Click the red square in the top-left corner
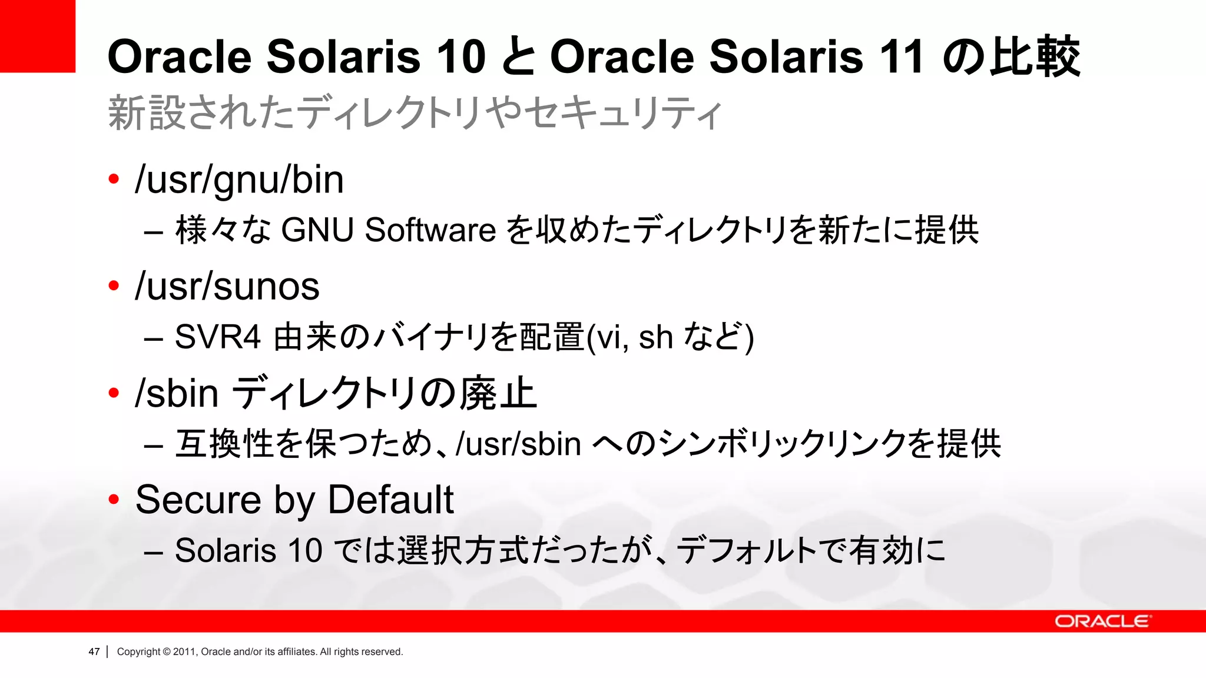click(37, 36)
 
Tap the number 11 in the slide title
click(901, 57)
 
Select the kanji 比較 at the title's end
click(1035, 57)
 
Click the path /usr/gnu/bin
click(239, 180)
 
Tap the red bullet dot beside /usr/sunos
click(114, 286)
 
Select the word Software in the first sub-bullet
click(430, 230)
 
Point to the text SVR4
click(217, 337)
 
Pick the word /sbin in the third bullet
click(177, 393)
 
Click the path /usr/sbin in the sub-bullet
click(519, 444)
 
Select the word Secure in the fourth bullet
click(198, 500)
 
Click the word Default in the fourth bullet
click(390, 500)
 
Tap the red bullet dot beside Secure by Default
click(114, 500)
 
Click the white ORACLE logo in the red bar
click(1102, 621)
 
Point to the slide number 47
click(94, 652)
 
